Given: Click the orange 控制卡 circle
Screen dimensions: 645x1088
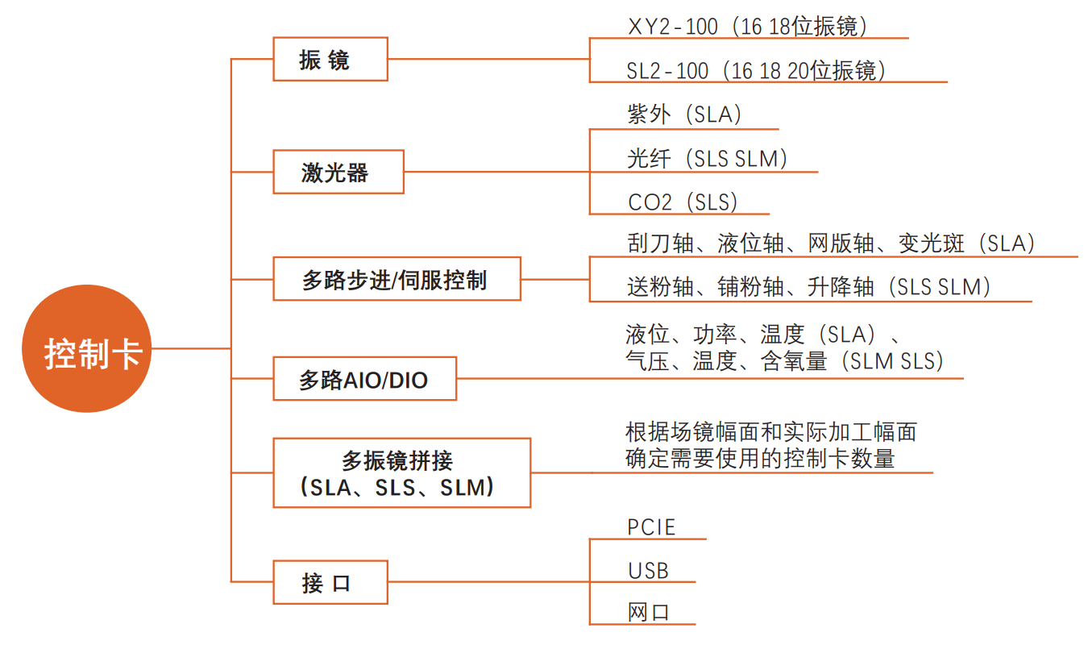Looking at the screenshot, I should (86, 348).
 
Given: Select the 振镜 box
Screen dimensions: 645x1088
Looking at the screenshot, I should (330, 59).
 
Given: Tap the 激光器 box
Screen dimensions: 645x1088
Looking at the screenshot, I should (338, 172).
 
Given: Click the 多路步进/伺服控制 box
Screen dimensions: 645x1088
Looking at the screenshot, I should (397, 279).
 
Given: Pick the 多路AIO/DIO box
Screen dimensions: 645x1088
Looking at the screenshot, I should (364, 379).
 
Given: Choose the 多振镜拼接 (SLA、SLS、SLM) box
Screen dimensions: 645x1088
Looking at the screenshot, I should (401, 473).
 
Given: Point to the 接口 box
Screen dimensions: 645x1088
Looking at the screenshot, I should (330, 582).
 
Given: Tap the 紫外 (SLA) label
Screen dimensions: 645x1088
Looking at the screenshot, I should (684, 114).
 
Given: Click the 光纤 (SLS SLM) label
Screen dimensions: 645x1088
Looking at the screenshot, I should (707, 158).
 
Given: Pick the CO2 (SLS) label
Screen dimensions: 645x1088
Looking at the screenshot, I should (683, 202).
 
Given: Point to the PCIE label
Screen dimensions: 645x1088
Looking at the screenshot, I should (651, 527).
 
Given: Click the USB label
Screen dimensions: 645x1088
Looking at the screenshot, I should (648, 571).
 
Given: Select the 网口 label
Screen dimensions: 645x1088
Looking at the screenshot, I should (648, 612).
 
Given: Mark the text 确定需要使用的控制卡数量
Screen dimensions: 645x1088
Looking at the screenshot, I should (760, 459).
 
